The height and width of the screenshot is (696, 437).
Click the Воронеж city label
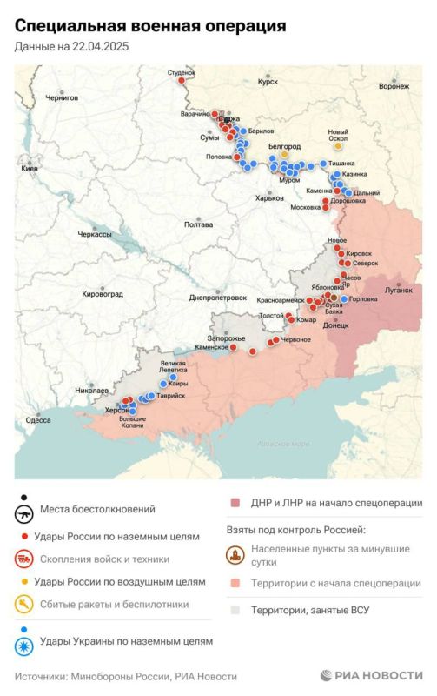(394, 86)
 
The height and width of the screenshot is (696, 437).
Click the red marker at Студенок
(181, 81)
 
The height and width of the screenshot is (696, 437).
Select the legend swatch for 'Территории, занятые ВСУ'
(235, 610)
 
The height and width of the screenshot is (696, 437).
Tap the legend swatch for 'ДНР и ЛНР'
(235, 503)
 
